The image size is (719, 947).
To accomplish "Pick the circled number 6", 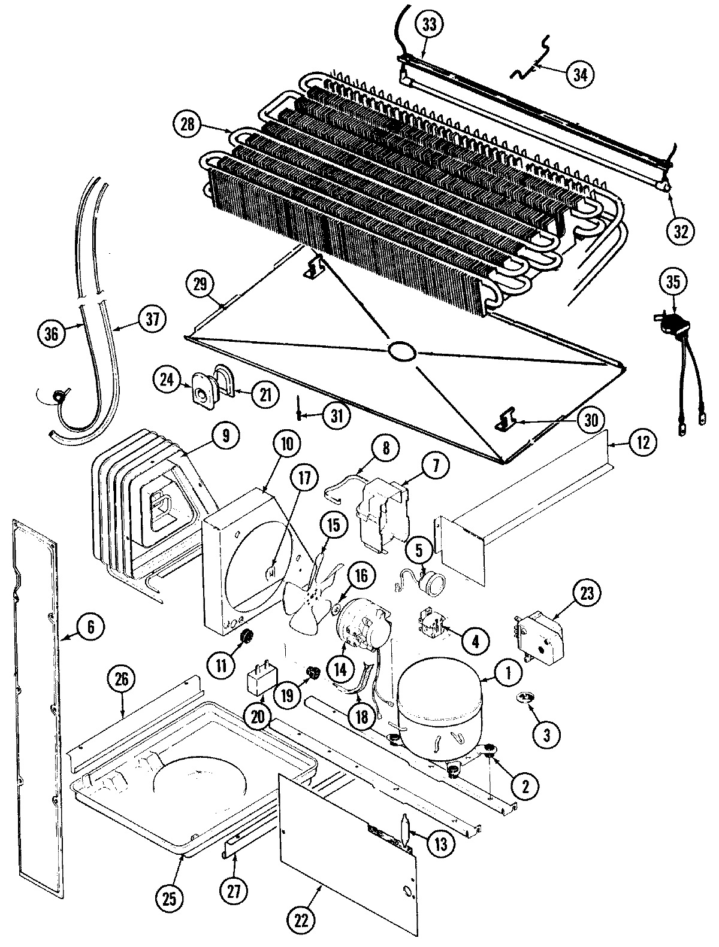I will pyautogui.click(x=90, y=627).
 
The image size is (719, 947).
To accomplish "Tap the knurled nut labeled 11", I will pyautogui.click(x=244, y=639).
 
